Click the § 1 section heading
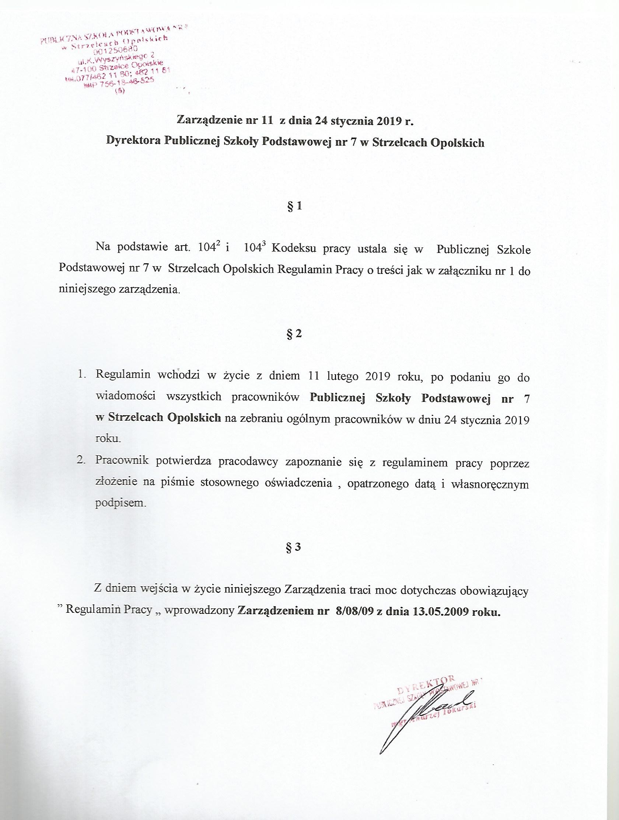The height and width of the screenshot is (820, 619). click(294, 206)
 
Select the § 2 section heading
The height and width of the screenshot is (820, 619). click(294, 334)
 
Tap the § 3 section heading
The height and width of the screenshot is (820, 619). click(294, 548)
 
